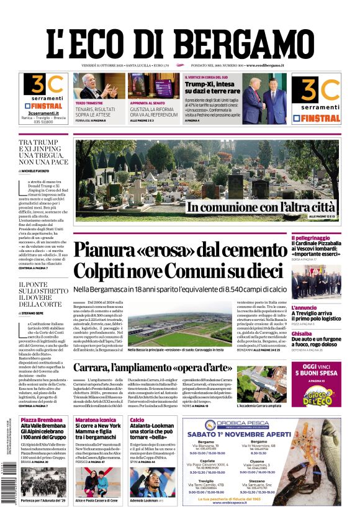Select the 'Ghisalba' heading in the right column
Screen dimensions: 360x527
click(x=302, y=333)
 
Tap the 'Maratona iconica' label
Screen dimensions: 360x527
click(x=96, y=420)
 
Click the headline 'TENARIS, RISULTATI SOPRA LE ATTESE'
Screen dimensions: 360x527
click(x=94, y=110)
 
